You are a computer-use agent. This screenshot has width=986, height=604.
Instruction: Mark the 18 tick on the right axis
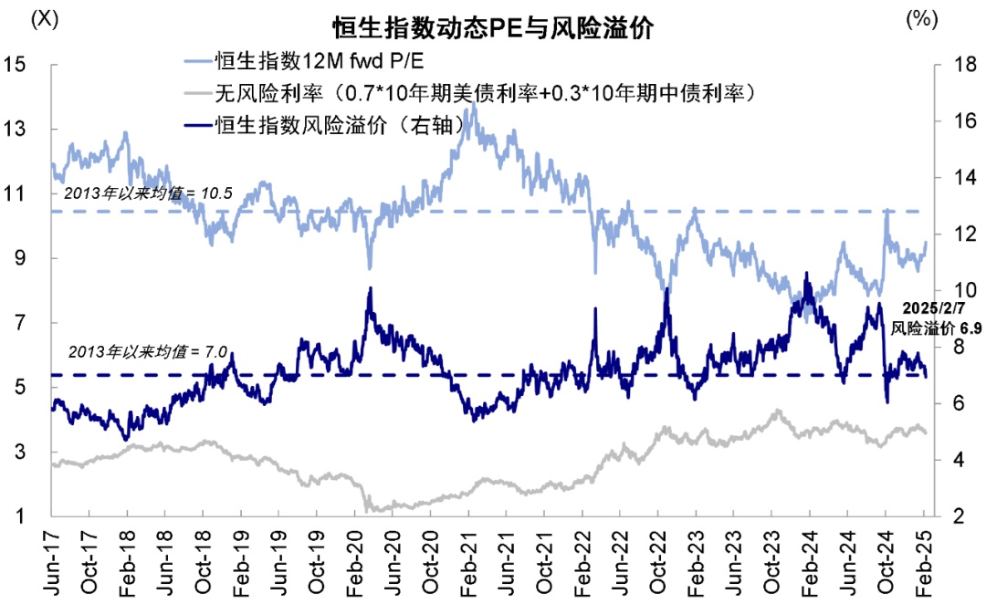point(954,65)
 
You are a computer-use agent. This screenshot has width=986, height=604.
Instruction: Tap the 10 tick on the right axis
point(954,291)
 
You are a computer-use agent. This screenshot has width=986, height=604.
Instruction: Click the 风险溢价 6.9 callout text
point(936,327)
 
